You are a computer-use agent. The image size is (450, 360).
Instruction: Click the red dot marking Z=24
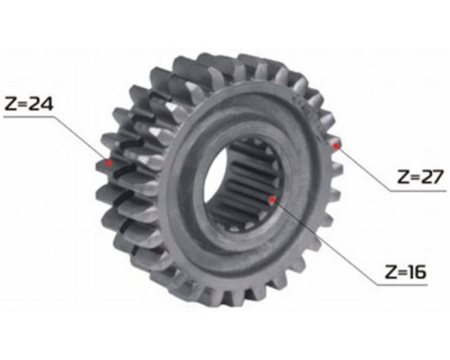point(109,163)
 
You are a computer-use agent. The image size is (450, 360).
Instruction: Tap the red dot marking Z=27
point(336,145)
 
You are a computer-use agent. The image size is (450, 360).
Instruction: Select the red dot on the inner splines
point(272,199)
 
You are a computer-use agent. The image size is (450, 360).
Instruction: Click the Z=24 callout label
point(29,104)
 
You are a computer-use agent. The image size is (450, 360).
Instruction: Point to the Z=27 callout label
point(420,176)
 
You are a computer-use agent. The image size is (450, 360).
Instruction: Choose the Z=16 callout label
point(405,272)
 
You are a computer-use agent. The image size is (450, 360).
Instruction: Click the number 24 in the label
point(41,104)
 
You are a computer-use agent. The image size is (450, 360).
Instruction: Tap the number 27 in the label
point(431,176)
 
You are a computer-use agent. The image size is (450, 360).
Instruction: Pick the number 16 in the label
point(417,272)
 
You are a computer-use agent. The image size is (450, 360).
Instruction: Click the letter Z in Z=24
point(11,104)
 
